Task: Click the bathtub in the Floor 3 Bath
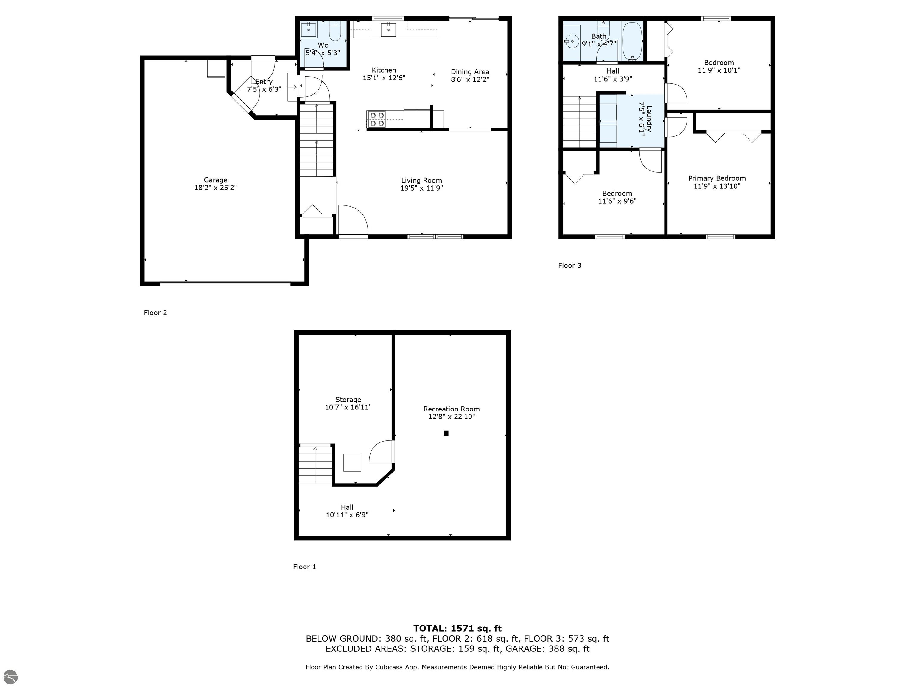tap(632, 41)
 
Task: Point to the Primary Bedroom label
tap(717, 178)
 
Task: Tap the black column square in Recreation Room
tap(446, 433)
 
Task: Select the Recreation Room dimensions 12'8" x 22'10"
tap(451, 417)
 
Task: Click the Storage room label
tap(348, 400)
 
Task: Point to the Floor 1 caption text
tap(304, 567)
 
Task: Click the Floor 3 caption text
tap(569, 266)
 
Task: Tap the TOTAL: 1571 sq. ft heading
tap(457, 629)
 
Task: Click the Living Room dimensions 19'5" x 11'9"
tap(421, 188)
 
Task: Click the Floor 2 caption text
tap(155, 313)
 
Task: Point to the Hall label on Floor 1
tap(347, 507)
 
